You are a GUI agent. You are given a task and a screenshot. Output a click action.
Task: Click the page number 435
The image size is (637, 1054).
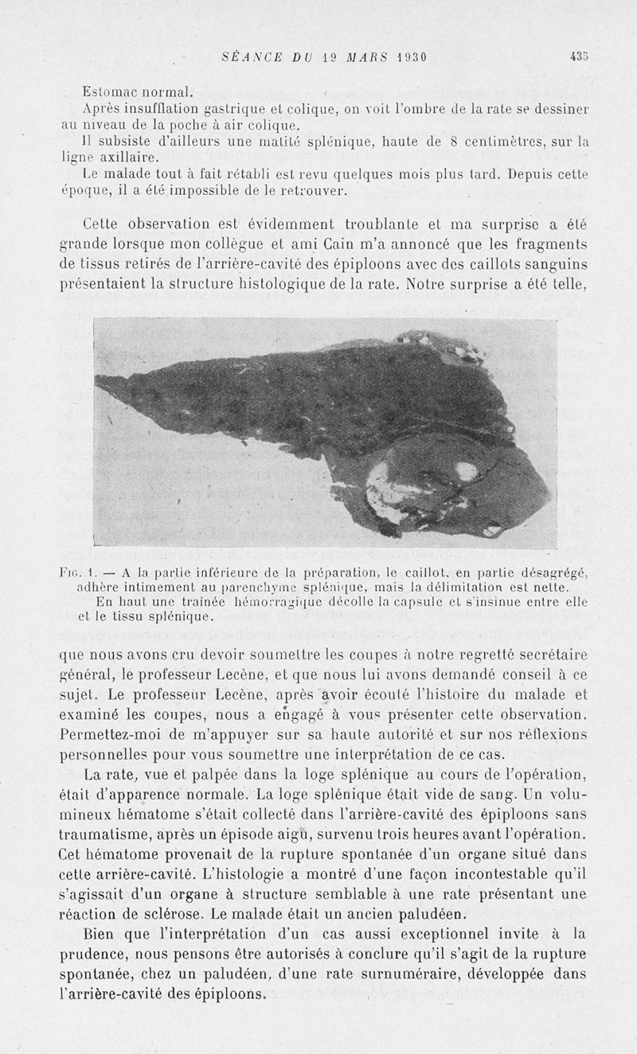coord(579,56)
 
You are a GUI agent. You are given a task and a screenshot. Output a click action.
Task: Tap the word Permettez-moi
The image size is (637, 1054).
coord(109,733)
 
